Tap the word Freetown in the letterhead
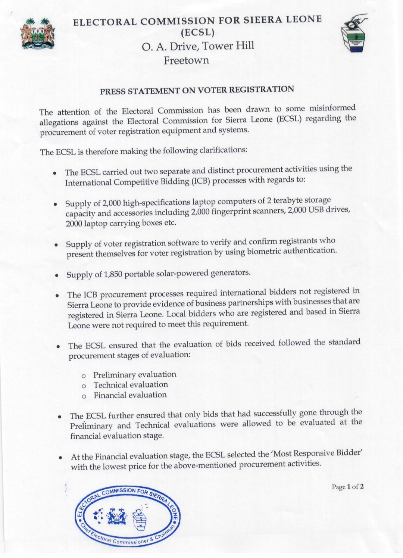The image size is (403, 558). click(x=186, y=60)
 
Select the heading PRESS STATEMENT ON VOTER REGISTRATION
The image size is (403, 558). click(x=197, y=90)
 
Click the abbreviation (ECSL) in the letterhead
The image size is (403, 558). click(x=197, y=33)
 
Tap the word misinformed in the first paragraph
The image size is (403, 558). click(x=332, y=108)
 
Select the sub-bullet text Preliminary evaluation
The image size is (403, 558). click(x=134, y=374)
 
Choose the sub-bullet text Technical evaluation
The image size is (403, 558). click(x=131, y=385)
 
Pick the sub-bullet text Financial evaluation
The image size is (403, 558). click(x=130, y=395)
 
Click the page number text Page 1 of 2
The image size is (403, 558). click(x=347, y=487)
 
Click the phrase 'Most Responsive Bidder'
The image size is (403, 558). click(x=317, y=453)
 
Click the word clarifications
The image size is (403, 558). click(x=223, y=150)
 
